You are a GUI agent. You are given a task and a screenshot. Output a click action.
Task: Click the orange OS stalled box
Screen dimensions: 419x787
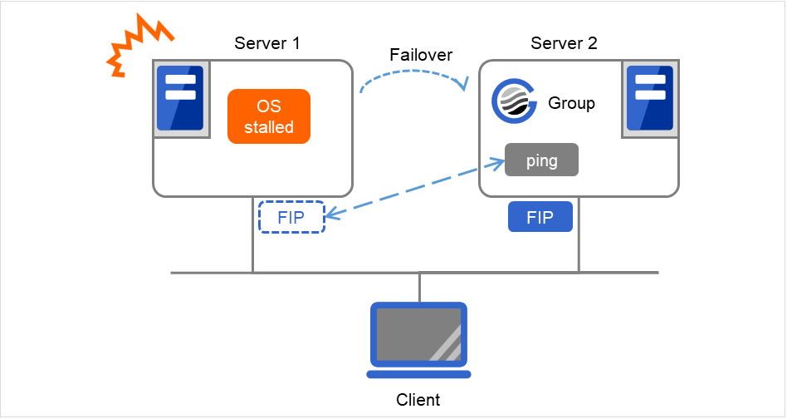point(268,116)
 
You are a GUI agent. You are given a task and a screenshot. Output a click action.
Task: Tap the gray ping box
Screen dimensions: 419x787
point(541,160)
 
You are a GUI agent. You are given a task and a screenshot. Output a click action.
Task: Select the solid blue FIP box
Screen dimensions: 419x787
point(540,217)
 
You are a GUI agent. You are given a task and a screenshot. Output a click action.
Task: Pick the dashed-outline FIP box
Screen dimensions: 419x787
point(291,217)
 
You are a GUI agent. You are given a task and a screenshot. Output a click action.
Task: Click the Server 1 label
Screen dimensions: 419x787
point(267,43)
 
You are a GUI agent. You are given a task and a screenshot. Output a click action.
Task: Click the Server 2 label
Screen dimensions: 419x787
point(564,43)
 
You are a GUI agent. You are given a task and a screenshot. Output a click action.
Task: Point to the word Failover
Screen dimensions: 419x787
point(421,55)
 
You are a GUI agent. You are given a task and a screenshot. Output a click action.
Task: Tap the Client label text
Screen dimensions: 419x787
point(418,400)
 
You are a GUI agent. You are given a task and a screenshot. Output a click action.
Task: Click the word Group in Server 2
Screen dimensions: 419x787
point(571,104)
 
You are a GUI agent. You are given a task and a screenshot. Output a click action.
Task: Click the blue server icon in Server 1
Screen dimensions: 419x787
point(179,99)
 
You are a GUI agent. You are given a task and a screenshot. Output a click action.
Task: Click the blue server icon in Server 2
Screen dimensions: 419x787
point(650,99)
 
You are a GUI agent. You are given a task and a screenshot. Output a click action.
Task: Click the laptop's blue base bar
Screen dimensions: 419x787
point(419,372)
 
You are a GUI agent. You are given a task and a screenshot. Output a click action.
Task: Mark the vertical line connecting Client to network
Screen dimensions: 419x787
point(420,287)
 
